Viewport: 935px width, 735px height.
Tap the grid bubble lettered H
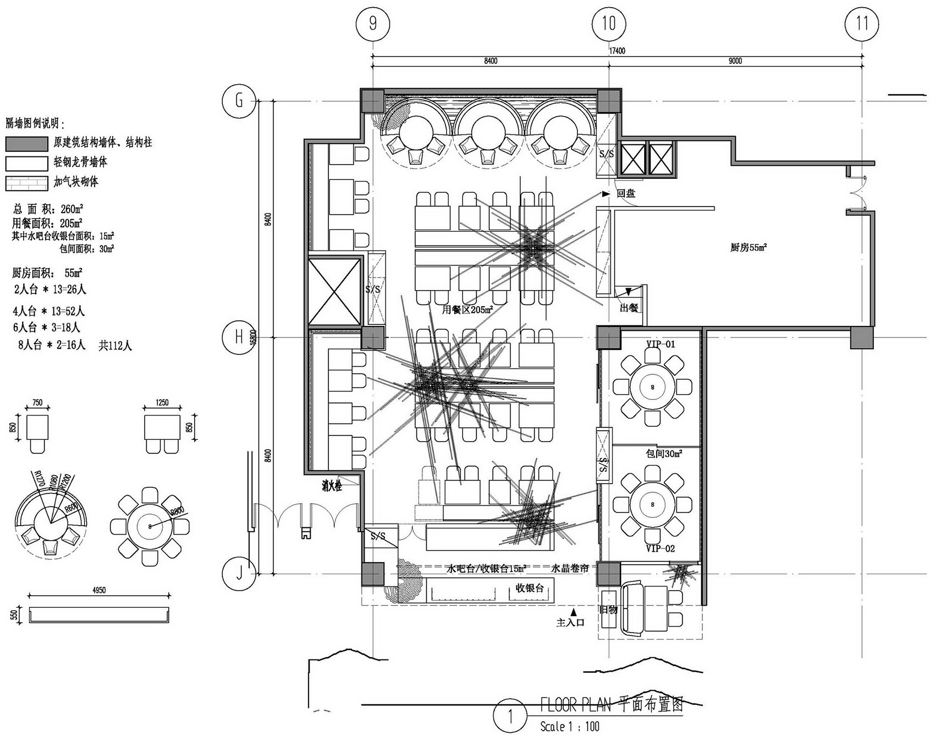click(x=239, y=336)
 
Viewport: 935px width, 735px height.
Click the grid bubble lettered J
click(x=239, y=574)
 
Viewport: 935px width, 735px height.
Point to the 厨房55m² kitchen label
click(x=749, y=248)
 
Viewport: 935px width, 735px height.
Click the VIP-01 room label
click(x=661, y=345)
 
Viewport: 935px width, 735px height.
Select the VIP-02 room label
click(x=660, y=548)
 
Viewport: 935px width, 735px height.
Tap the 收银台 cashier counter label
click(x=530, y=588)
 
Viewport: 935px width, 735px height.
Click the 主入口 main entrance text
click(x=570, y=623)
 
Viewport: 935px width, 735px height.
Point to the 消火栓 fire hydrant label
click(x=332, y=486)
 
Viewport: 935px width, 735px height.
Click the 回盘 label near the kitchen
click(x=626, y=194)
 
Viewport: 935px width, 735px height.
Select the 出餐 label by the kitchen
click(x=629, y=308)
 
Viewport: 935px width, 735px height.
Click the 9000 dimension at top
click(x=735, y=61)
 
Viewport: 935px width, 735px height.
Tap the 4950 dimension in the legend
click(x=99, y=590)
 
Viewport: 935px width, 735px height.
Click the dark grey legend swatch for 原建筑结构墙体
click(x=26, y=143)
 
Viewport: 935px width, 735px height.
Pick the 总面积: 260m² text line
click(x=48, y=209)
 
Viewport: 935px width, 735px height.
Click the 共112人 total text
click(x=116, y=346)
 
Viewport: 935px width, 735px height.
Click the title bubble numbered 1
click(x=510, y=717)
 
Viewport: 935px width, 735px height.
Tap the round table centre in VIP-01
click(x=653, y=387)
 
